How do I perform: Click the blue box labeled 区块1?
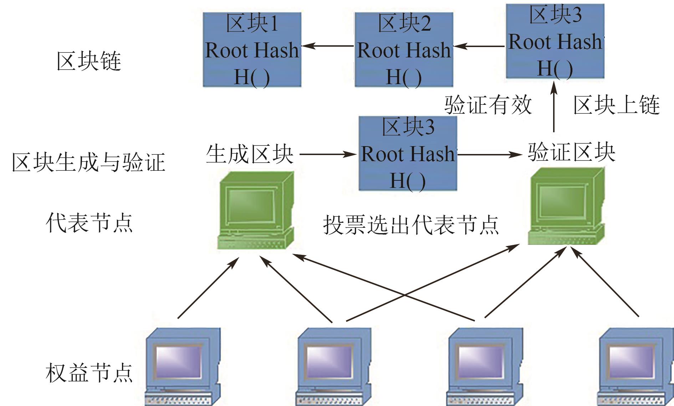coord(252,50)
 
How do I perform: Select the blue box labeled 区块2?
coord(404,50)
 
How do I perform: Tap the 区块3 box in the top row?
coord(555,41)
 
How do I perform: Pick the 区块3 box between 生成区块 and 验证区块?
coord(408,153)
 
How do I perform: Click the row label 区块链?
coord(89,61)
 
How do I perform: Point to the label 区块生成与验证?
coord(88,162)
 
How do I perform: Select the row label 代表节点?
coord(89,223)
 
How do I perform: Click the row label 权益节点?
coord(89,373)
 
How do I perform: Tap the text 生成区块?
coord(250,154)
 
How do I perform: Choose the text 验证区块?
coord(572,152)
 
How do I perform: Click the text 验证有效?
coord(488,105)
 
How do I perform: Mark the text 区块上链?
coord(616,105)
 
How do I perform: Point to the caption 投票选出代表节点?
coord(410,225)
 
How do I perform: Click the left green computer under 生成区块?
coord(256,210)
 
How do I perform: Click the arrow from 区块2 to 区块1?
coord(327,46)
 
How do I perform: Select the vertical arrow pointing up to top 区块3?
coord(554,107)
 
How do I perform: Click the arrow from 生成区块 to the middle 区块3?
coord(327,154)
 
